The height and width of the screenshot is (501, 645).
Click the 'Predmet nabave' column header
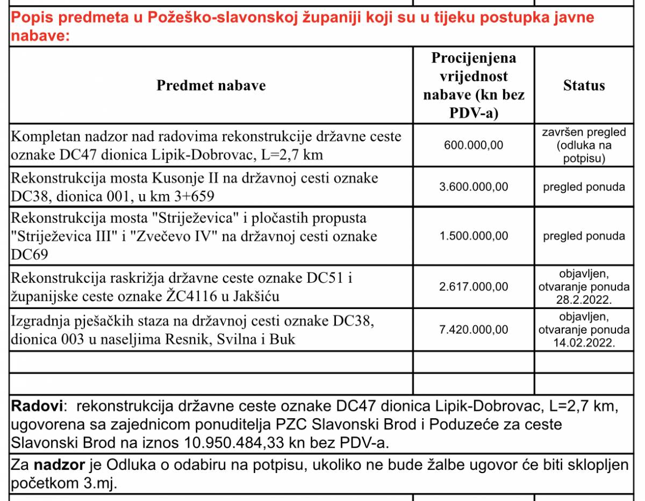pyautogui.click(x=211, y=85)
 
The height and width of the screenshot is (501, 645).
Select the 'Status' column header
pyautogui.click(x=584, y=85)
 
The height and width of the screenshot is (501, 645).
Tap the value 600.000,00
pyautogui.click(x=474, y=146)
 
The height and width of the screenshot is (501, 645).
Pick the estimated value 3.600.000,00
pyautogui.click(x=474, y=187)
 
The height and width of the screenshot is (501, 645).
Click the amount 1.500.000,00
pyautogui.click(x=474, y=236)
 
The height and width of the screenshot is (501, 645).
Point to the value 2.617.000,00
pyautogui.click(x=474, y=287)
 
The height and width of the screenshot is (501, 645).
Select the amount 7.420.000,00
pyautogui.click(x=474, y=329)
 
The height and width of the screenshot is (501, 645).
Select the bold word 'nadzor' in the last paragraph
pyautogui.click(x=53, y=465)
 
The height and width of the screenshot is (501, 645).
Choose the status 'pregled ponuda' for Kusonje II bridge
pyautogui.click(x=584, y=187)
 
